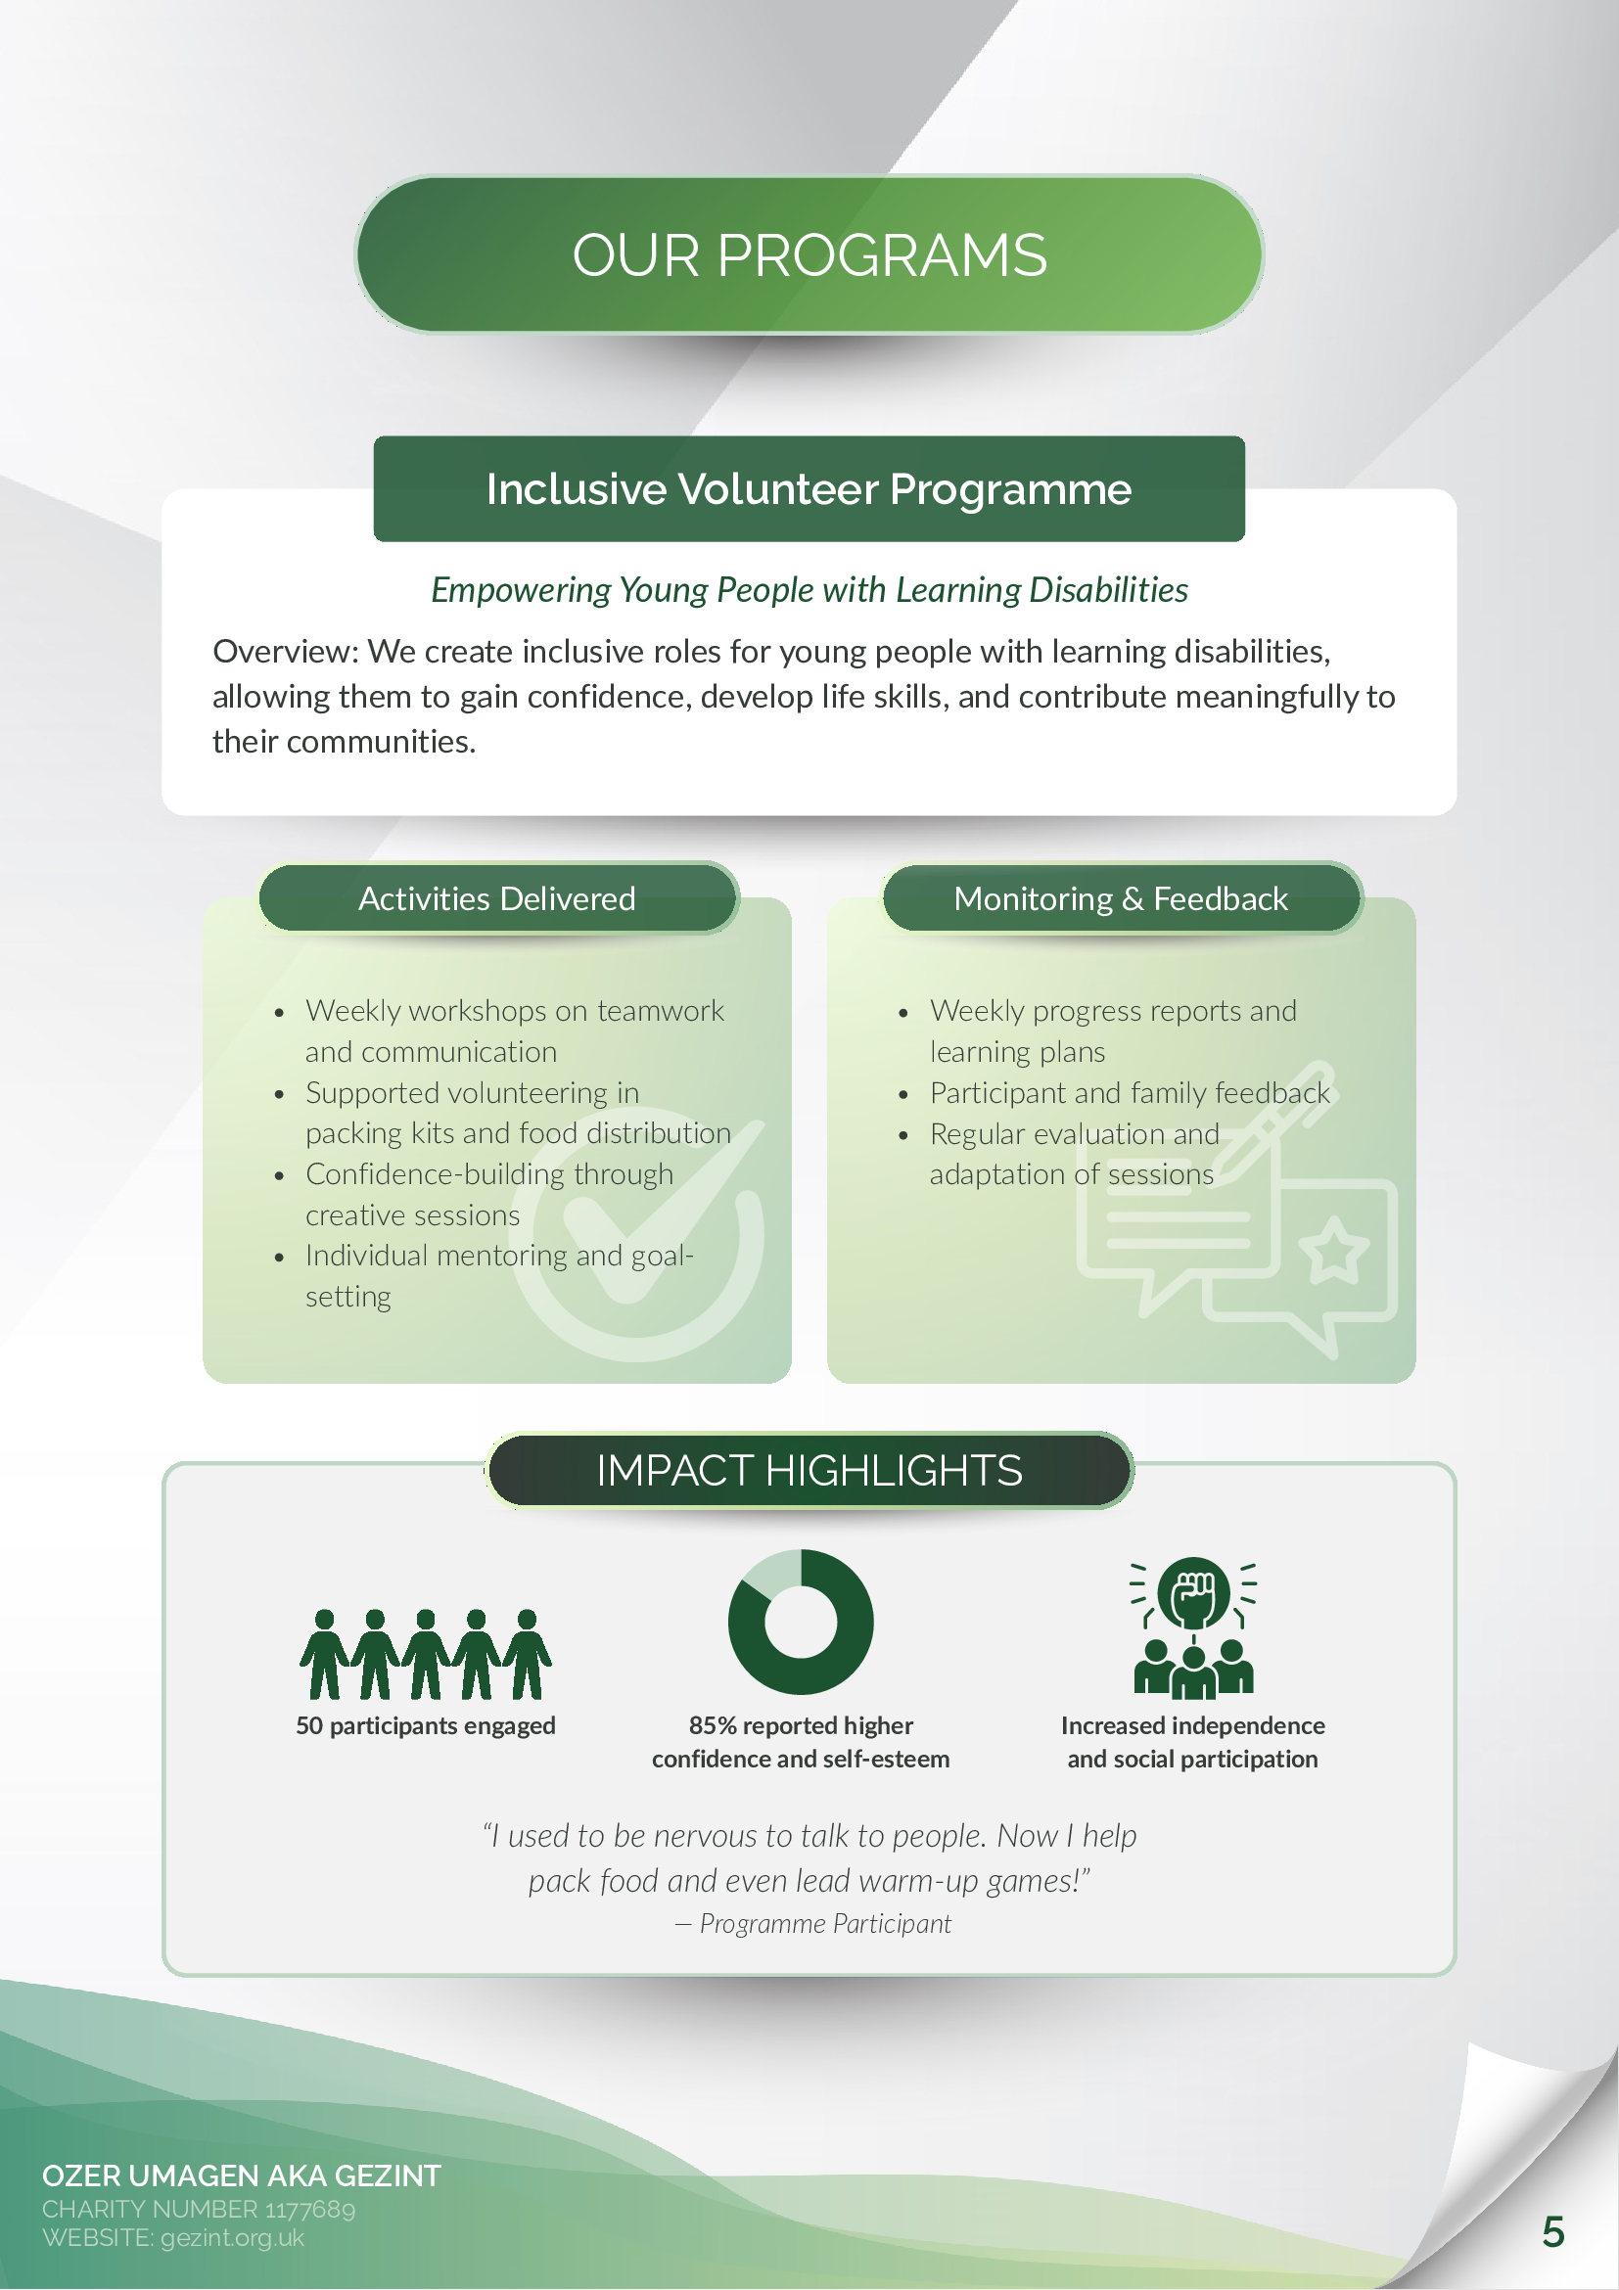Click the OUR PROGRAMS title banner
[809, 254]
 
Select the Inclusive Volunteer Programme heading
[809, 488]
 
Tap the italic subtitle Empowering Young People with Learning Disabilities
[809, 589]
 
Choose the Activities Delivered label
[498, 898]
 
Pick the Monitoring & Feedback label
[1121, 898]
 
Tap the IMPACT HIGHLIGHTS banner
[809, 1470]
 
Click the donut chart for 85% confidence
[801, 1622]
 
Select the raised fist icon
[1194, 1593]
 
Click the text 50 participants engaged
[426, 1725]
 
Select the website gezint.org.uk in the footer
[232, 2237]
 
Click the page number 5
[1553, 2231]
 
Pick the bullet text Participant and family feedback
[1131, 1093]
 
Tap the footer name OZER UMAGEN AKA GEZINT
[242, 2175]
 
